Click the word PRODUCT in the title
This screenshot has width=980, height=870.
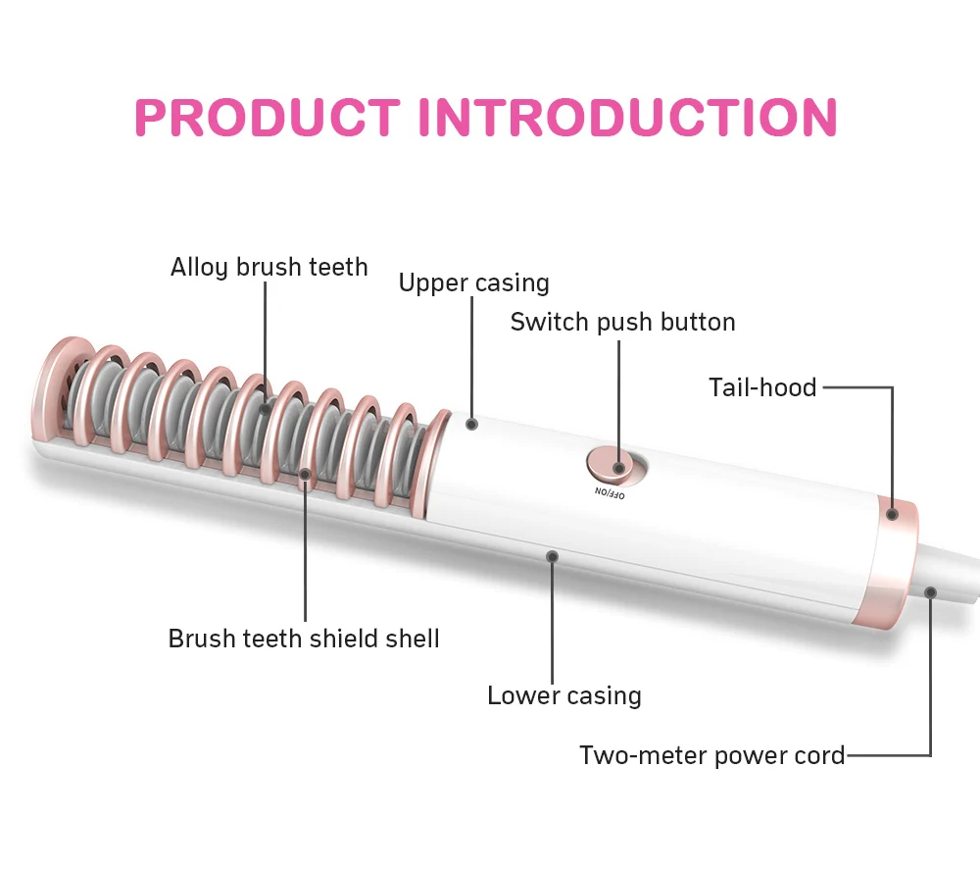click(267, 118)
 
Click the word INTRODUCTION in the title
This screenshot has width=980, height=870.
click(628, 118)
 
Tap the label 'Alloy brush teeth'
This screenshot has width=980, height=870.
click(269, 267)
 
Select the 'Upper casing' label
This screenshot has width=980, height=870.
click(473, 283)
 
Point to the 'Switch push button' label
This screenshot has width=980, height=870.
click(622, 322)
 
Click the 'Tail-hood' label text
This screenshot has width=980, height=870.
click(762, 387)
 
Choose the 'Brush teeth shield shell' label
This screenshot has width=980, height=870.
click(304, 639)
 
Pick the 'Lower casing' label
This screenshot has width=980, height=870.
click(564, 695)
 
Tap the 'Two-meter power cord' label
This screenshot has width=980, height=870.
click(711, 755)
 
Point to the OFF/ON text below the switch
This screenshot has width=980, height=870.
click(609, 492)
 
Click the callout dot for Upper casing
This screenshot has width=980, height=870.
click(471, 424)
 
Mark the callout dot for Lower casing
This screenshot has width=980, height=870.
click(553, 556)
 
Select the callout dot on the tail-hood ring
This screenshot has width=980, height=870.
click(892, 513)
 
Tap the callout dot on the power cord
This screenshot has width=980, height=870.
click(930, 591)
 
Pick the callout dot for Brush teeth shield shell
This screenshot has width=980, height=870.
click(305, 475)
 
